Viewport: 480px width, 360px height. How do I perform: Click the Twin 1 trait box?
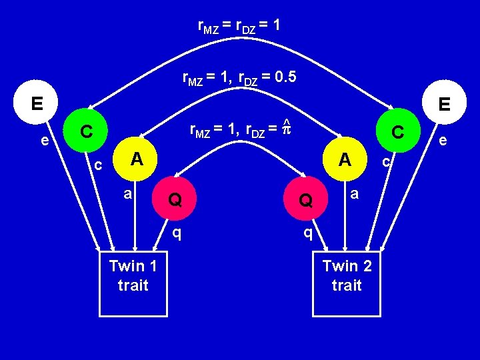(133, 284)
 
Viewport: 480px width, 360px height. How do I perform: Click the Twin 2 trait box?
(346, 284)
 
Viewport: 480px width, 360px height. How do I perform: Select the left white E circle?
(36, 104)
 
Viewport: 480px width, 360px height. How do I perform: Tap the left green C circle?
(85, 131)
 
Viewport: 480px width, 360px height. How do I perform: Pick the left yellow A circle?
(136, 159)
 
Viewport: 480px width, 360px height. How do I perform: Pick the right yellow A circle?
(345, 159)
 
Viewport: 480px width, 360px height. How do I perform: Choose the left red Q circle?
(175, 199)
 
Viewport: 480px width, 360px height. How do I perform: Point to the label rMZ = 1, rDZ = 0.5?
(239, 79)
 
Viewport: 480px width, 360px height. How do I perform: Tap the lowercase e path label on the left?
(44, 141)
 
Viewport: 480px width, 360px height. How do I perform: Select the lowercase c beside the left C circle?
(97, 164)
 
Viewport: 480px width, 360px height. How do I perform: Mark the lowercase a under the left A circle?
(127, 194)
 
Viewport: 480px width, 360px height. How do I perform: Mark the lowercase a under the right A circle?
(355, 194)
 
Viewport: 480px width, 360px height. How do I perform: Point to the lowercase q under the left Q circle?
(177, 233)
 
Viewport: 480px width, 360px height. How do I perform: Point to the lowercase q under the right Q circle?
(307, 233)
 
